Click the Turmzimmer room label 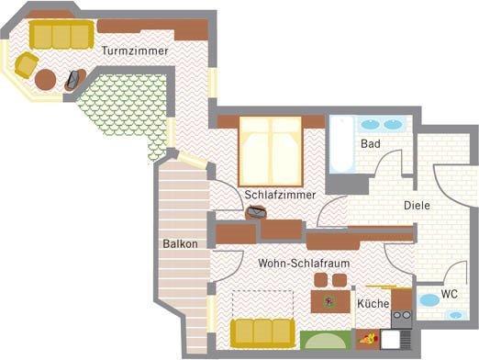click(x=135, y=51)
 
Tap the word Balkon click(x=180, y=244)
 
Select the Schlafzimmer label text click(x=280, y=195)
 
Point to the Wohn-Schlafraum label click(x=304, y=264)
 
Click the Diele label click(x=417, y=206)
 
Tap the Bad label click(x=371, y=143)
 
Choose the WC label click(x=450, y=294)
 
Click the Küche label click(x=373, y=304)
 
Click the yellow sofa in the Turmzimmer click(x=61, y=35)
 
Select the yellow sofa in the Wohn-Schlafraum click(x=263, y=333)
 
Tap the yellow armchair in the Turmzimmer click(x=27, y=64)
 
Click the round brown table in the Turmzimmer click(x=45, y=80)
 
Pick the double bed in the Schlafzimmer click(x=271, y=152)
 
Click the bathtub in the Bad click(x=341, y=144)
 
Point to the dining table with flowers click(x=330, y=301)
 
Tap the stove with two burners click(x=402, y=319)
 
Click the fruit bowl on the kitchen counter click(x=368, y=339)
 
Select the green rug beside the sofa click(x=326, y=340)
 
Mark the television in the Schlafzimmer click(x=256, y=212)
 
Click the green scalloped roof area click(x=128, y=107)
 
